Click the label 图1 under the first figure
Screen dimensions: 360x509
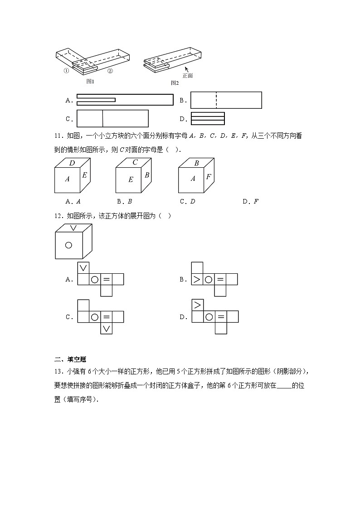[x=90, y=82]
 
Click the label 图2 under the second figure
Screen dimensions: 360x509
[x=175, y=83]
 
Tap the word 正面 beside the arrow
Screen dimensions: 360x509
[x=188, y=76]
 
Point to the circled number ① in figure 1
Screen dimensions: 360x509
[x=66, y=71]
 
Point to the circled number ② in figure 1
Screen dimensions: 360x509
[x=110, y=71]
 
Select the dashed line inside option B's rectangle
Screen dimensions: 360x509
[x=216, y=100]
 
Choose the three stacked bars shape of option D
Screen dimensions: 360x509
[x=208, y=118]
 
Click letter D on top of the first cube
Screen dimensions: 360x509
[x=72, y=163]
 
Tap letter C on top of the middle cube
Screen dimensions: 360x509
[x=135, y=162]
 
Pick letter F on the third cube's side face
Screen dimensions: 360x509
[x=209, y=177]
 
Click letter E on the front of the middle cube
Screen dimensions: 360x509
[x=131, y=179]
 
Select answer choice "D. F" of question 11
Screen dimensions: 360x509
[x=250, y=201]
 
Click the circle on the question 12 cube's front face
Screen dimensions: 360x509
[x=68, y=245]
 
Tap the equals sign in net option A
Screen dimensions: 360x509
[x=106, y=279]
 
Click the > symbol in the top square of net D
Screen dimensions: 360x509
[x=197, y=305]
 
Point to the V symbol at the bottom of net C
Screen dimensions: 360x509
[x=106, y=329]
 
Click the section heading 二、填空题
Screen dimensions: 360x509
[x=67, y=360]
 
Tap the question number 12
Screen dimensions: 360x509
[x=58, y=216]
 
